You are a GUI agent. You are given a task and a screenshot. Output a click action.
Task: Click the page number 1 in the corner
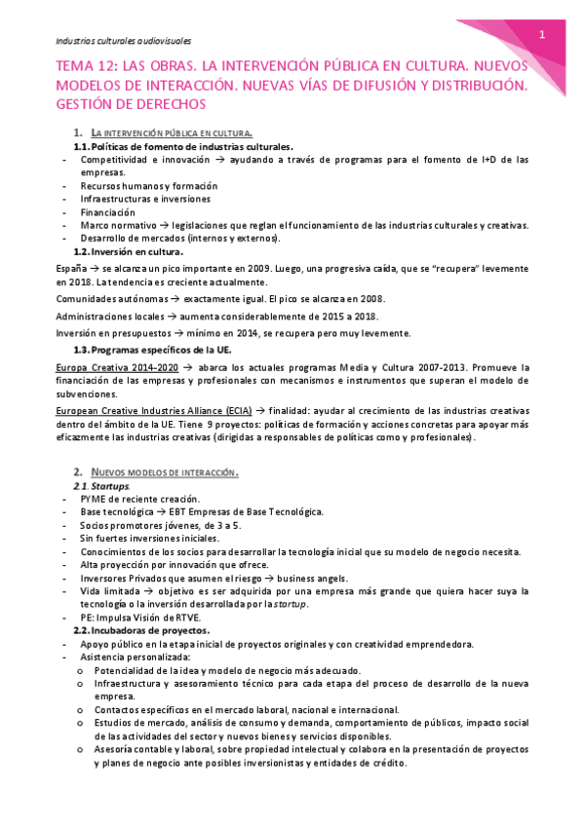(x=541, y=34)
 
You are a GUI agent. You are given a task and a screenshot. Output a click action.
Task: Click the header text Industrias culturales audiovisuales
(x=124, y=42)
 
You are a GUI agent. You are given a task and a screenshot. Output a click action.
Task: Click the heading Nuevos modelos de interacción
(x=164, y=472)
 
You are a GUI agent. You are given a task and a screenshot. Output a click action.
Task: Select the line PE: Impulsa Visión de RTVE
(x=140, y=617)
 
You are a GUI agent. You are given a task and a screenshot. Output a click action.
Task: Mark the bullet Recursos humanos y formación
(x=149, y=185)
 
